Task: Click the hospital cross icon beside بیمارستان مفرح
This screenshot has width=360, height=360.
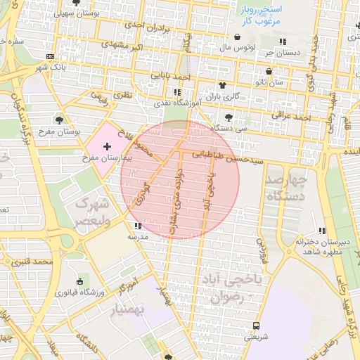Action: [107, 146]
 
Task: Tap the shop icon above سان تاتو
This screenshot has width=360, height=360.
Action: [269, 71]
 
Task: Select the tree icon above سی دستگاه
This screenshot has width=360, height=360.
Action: [228, 117]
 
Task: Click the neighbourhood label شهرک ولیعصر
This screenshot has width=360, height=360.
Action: [92, 210]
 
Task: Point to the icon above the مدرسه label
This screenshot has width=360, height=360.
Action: [136, 226]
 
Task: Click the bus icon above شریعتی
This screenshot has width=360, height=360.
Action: [255, 326]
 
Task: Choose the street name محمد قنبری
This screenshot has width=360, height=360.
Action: [33, 262]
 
